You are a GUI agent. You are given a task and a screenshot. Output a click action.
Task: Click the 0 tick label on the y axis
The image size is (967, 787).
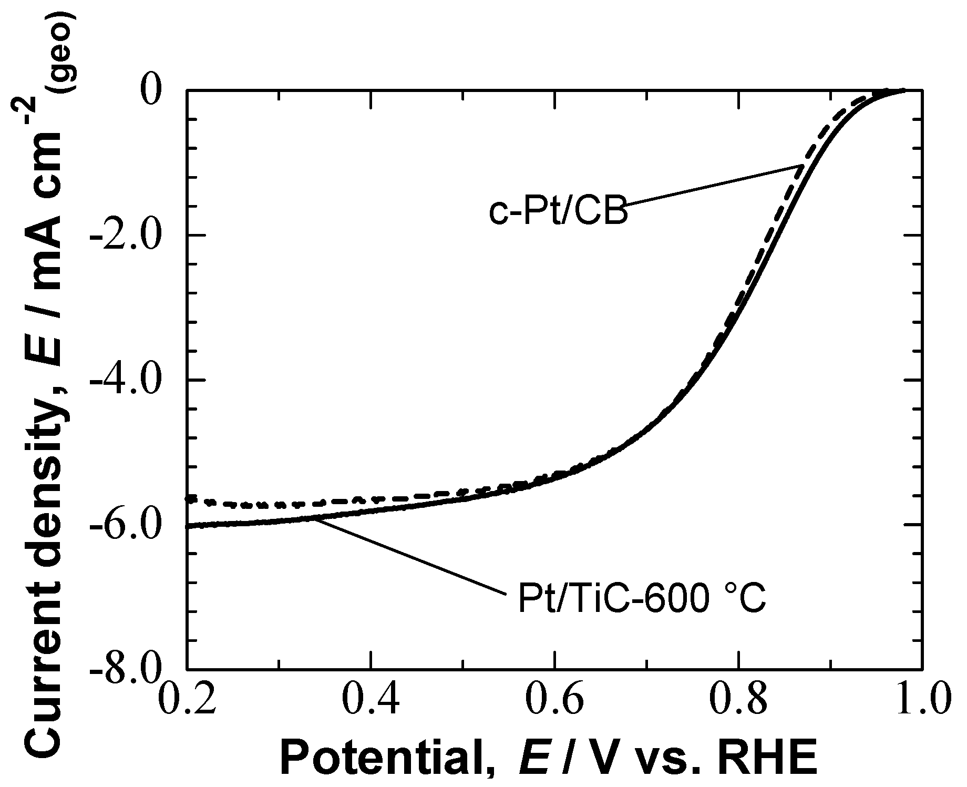(x=157, y=91)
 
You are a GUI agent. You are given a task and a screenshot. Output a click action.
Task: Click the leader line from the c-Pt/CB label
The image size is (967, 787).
(x=715, y=185)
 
